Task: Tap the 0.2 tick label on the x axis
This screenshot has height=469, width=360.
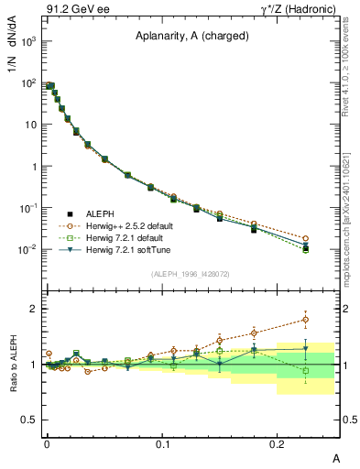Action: tap(278, 444)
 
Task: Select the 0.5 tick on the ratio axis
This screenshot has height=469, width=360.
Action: tap(27, 420)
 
